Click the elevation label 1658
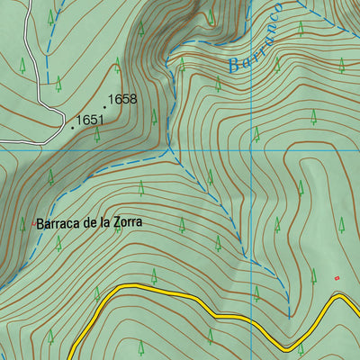pyautogui.click(x=122, y=99)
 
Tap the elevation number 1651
pyautogui.click(x=91, y=119)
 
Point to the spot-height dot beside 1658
pyautogui.click(x=103, y=106)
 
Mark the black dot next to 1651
pyautogui.click(x=72, y=127)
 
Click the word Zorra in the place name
pyautogui.click(x=126, y=222)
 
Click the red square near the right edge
pyautogui.click(x=337, y=278)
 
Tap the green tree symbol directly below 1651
pyautogui.click(x=96, y=135)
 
